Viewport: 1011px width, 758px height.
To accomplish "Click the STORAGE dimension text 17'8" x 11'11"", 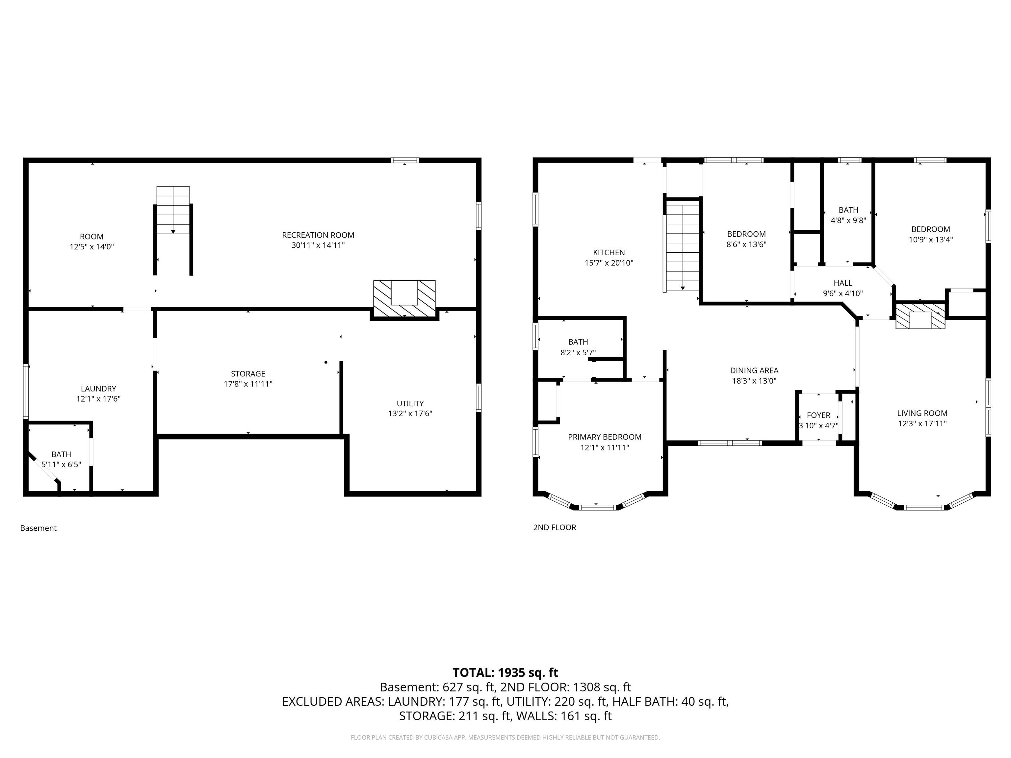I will (248, 384).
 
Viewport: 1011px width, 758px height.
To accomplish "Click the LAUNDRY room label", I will (98, 388).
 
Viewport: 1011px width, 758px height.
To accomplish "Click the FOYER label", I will (818, 415).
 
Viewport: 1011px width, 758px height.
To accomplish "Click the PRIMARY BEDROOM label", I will (604, 437).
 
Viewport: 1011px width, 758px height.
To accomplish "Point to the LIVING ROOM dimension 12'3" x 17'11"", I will (922, 423).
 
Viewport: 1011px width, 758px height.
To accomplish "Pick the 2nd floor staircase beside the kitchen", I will (682, 247).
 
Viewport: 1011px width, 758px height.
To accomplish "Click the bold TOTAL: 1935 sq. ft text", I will (505, 672).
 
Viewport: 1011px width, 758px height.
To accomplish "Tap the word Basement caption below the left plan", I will (39, 528).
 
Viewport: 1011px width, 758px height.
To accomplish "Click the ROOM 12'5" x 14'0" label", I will (91, 241).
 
